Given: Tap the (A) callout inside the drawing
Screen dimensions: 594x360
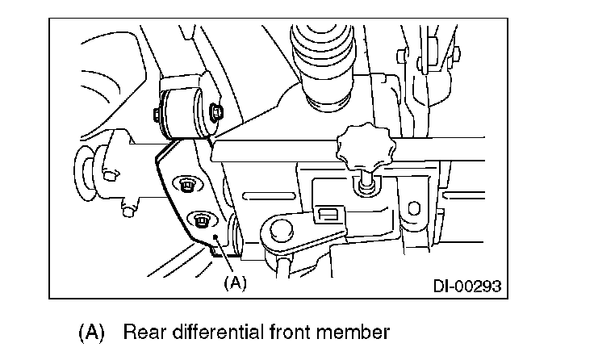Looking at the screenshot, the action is pyautogui.click(x=234, y=283).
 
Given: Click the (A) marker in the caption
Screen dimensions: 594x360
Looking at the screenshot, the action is pyautogui.click(x=91, y=332).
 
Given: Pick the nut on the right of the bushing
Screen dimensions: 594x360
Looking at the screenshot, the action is pyautogui.click(x=216, y=112).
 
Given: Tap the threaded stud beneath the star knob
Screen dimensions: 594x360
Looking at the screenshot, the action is pyautogui.click(x=366, y=182).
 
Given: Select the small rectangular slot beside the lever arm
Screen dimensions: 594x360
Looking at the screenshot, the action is pyautogui.click(x=328, y=213).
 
